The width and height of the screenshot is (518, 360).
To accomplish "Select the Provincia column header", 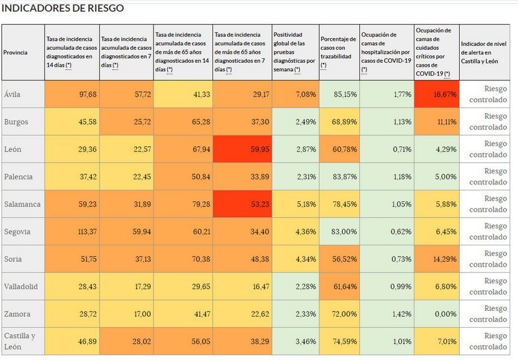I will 16,52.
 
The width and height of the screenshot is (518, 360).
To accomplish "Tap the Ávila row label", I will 12,94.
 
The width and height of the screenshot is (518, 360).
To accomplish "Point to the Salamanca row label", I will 21,204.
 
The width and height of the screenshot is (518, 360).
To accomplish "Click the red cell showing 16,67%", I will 437,94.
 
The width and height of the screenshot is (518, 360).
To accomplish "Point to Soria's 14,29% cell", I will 437,259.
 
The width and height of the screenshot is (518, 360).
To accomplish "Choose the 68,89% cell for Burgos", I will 339,122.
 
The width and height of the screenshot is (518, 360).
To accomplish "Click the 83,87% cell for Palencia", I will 339,176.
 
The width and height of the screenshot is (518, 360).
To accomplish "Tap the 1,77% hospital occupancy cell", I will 387,94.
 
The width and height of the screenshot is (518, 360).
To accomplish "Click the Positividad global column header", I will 295,52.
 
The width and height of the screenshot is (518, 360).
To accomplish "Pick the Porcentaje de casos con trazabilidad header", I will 339,52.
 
